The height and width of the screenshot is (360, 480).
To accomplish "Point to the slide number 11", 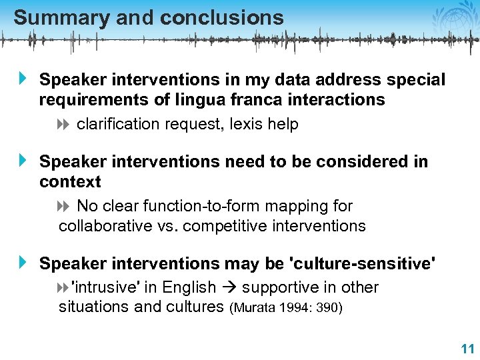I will tap(466, 349).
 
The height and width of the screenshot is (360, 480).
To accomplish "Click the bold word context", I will tap(70, 182).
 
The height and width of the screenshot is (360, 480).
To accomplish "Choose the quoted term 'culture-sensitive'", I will tap(361, 263).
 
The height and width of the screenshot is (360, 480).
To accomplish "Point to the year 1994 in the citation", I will tap(294, 308).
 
